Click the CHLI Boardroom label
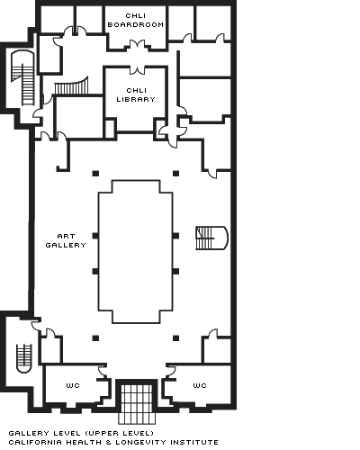coord(136,20)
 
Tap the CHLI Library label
coord(136,94)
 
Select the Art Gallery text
coord(66,241)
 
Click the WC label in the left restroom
coord(73,385)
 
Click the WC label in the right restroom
coord(200,385)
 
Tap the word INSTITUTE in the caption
coord(194,443)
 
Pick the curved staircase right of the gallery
coord(211,238)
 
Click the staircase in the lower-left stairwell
coord(24,358)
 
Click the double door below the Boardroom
coord(138,45)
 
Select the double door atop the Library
coord(137,69)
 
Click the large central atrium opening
coord(136,252)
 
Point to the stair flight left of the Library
coord(72,86)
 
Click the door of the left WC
coord(103,372)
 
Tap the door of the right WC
coord(171,372)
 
